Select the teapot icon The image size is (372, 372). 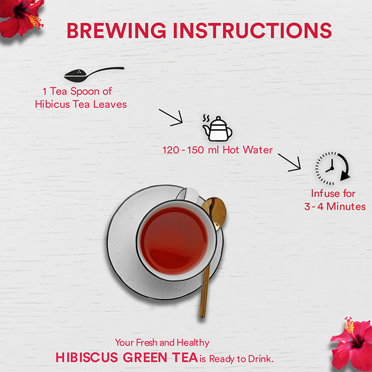pyautogui.click(x=217, y=128)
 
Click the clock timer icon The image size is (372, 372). pyautogui.click(x=332, y=168)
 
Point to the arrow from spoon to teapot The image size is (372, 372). pyautogui.click(x=171, y=117)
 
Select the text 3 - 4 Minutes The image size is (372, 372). pyautogui.click(x=335, y=206)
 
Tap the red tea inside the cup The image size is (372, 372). pyautogui.click(x=174, y=240)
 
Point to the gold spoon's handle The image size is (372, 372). pyautogui.click(x=206, y=282)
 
